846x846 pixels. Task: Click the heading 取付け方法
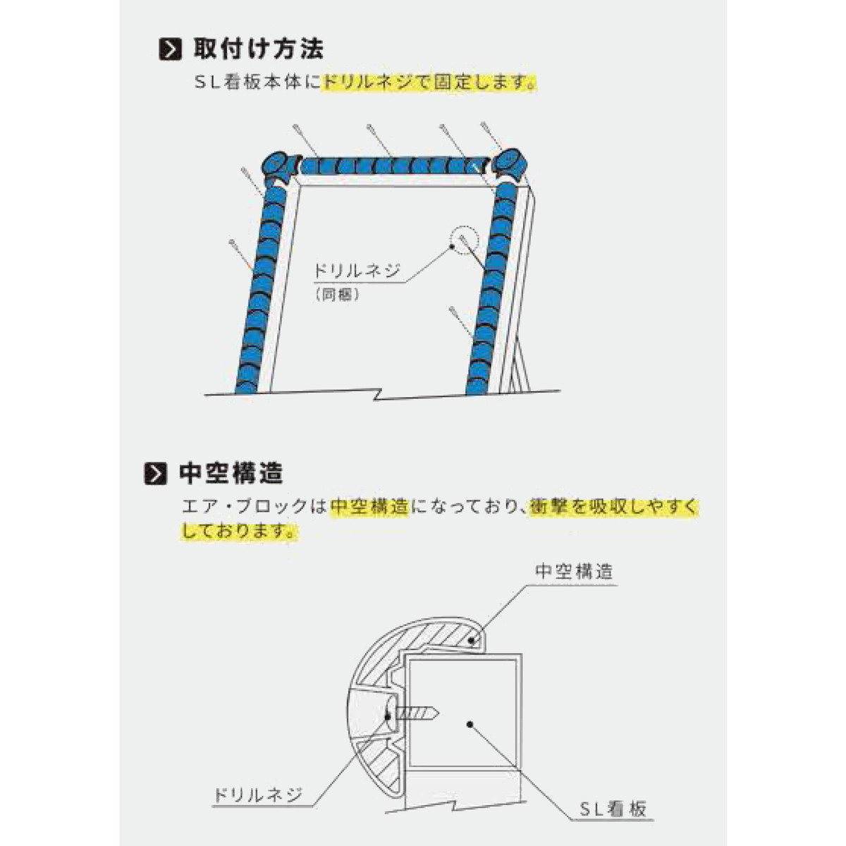[258, 49]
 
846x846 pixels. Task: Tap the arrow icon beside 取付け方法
[170, 49]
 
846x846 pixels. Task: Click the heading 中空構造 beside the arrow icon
[231, 474]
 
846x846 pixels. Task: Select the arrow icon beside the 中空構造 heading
[155, 474]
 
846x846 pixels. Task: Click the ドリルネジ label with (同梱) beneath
[357, 271]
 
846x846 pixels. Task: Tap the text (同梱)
[337, 294]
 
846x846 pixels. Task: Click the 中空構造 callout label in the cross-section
[574, 572]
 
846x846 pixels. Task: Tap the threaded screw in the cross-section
[416, 727]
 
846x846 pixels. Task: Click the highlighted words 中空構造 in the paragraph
[369, 507]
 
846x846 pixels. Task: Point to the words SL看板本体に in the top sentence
[258, 82]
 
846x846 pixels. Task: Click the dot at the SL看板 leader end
[470, 724]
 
